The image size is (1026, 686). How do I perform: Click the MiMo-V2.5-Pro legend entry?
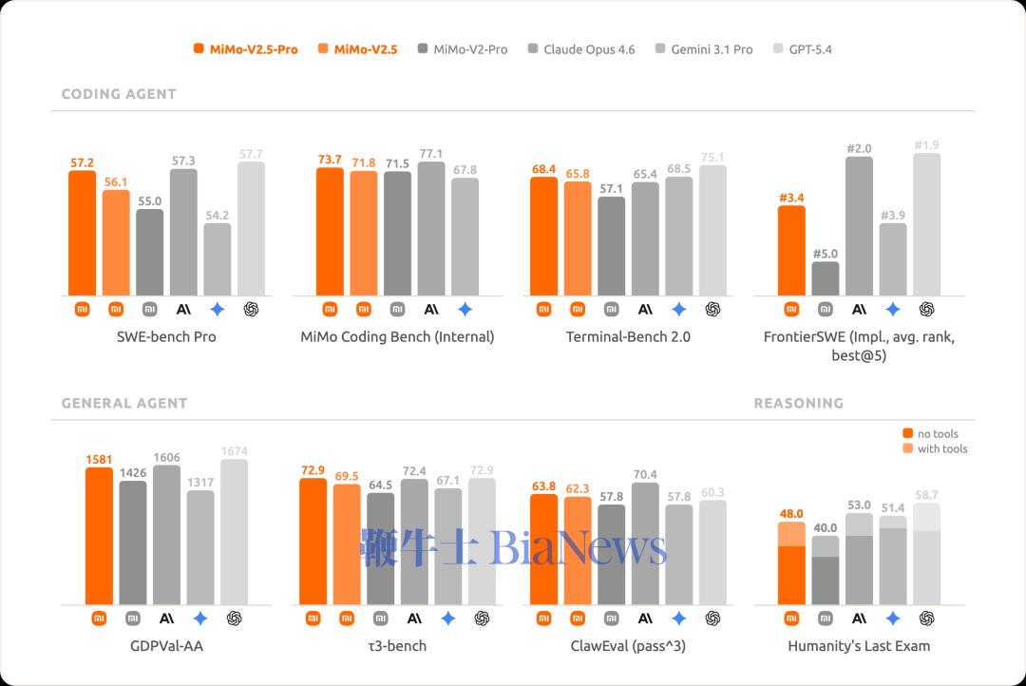coord(245,49)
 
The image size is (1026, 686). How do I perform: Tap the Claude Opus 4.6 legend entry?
coord(580,49)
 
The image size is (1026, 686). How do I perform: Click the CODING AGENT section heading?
coord(119,94)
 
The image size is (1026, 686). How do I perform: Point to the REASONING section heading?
coord(798,403)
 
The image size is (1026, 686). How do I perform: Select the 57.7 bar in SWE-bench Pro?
coord(252,228)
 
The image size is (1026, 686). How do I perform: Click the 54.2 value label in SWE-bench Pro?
coord(218,216)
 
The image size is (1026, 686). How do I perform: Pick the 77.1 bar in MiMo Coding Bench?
coord(431,228)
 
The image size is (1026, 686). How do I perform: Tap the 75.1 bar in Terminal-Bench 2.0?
coord(712,230)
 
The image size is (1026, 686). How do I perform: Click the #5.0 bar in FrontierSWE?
coord(826,277)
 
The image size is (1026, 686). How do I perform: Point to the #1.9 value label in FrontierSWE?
coord(927,144)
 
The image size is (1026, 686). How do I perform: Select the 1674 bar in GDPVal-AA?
coord(234,532)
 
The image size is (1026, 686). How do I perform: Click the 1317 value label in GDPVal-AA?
coord(200,483)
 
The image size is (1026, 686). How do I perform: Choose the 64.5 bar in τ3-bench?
coord(380,548)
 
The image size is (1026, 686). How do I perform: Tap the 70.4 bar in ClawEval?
coord(645,543)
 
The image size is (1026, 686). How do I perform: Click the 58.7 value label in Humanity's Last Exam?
coord(927,495)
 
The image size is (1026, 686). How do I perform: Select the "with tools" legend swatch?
coord(907,448)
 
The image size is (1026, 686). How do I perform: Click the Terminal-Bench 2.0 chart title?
coord(628,336)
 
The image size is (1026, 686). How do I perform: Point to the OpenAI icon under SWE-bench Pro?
coord(252,309)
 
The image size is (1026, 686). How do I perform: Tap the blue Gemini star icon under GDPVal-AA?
coord(200,618)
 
